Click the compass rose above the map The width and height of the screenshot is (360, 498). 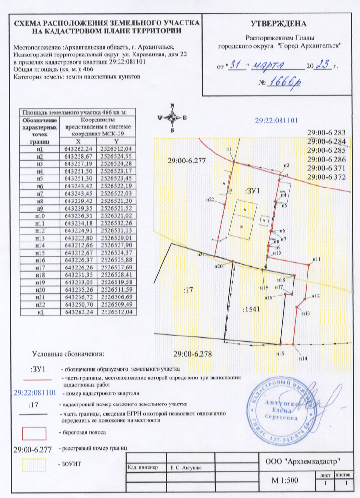click(x=172, y=117)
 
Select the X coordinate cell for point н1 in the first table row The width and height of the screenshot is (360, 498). click(x=78, y=149)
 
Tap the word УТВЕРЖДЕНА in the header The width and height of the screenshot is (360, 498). click(x=279, y=23)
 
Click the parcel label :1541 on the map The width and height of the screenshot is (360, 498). click(x=251, y=310)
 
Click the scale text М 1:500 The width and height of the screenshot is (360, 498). click(x=285, y=480)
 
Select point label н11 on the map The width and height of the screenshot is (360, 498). click(x=317, y=259)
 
